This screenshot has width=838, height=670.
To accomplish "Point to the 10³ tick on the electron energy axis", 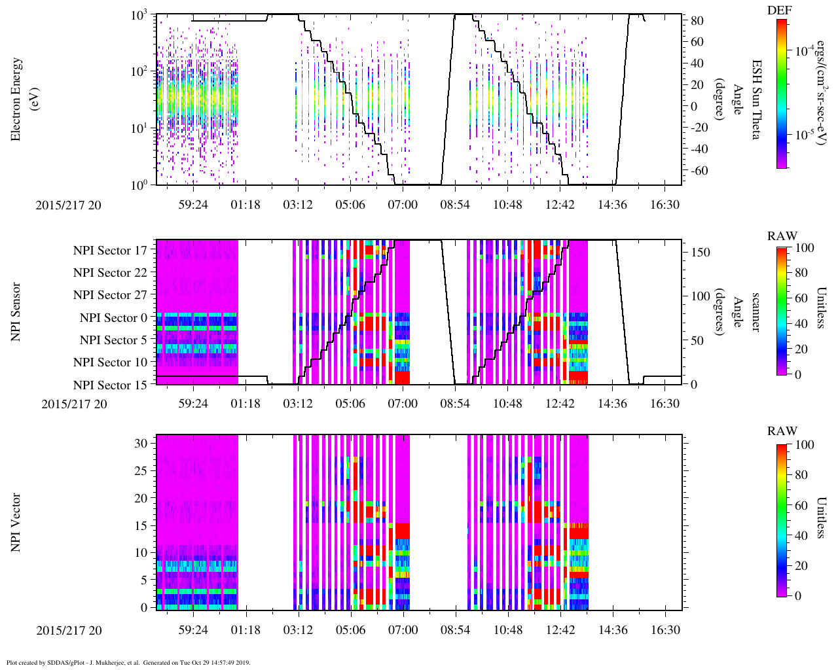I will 139,16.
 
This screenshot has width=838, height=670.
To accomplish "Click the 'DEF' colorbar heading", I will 781,10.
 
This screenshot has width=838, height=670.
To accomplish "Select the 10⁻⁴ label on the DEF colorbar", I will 803,50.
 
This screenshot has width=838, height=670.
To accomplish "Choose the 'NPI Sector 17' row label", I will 110,251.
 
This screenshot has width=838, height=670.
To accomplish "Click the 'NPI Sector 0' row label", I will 113,318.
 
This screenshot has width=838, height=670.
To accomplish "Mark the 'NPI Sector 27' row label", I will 110,295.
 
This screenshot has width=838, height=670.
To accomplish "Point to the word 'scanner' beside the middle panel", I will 756,312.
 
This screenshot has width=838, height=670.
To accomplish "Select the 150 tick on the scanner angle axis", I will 701,252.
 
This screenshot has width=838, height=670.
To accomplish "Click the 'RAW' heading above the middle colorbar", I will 782,236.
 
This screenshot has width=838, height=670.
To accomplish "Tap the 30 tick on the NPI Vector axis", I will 141,443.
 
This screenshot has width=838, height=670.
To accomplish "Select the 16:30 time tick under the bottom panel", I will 665,630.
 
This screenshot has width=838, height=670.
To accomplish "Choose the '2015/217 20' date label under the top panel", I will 69,205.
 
